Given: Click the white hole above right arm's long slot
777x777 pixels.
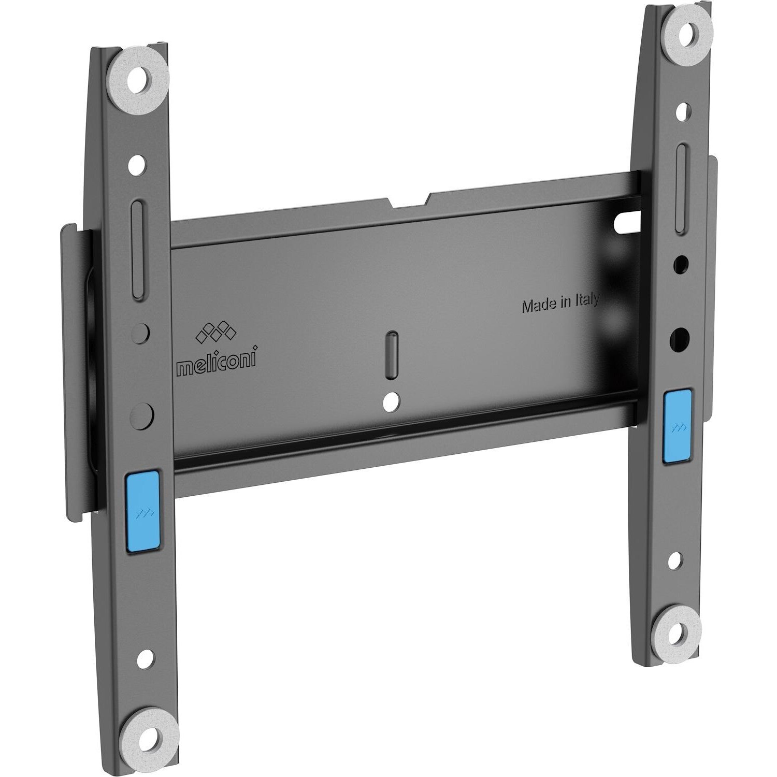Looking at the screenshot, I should pyautogui.click(x=683, y=111).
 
